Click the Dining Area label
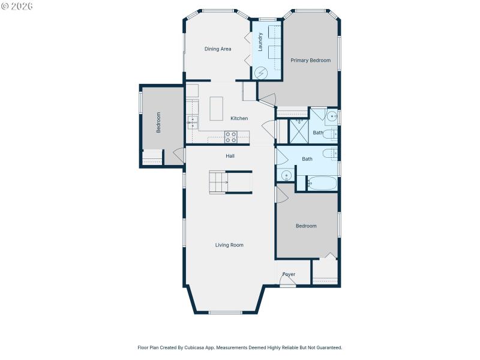tap(217, 49)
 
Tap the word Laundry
tap(260, 42)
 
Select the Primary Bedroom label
tap(310, 61)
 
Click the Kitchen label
tap(239, 118)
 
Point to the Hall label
tap(230, 156)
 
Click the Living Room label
tap(229, 245)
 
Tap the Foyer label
tap(289, 274)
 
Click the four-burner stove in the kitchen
tap(231, 137)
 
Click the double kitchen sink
tap(193, 122)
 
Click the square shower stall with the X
tap(298, 131)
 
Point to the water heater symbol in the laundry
tap(261, 73)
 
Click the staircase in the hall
tap(218, 181)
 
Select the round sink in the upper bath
tap(332, 116)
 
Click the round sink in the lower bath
tap(286, 176)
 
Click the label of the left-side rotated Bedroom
tap(159, 122)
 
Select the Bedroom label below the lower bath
tap(306, 226)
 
